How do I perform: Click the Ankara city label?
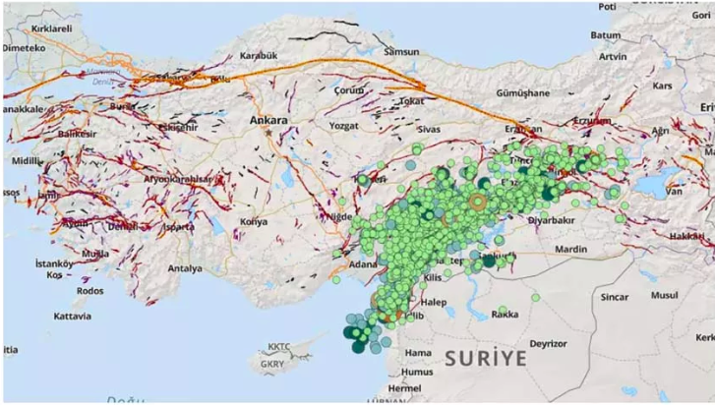point(269,121)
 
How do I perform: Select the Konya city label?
point(253,222)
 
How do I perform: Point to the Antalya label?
point(185,268)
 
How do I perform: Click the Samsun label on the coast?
point(402,51)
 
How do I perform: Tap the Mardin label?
point(570,250)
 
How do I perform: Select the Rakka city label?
point(505,315)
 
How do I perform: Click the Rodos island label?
point(89,291)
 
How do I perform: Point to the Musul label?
point(665,295)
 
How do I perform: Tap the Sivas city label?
point(427,129)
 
